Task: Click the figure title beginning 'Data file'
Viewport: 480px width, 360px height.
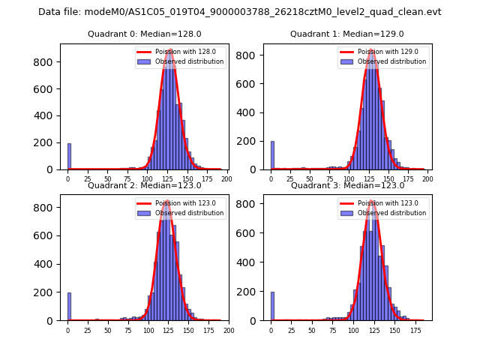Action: [239, 12]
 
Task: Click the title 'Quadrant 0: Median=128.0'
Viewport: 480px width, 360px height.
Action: [144, 34]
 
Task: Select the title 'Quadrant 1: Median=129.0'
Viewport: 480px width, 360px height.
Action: [346, 34]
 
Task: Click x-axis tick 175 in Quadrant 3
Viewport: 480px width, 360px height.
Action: [414, 330]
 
